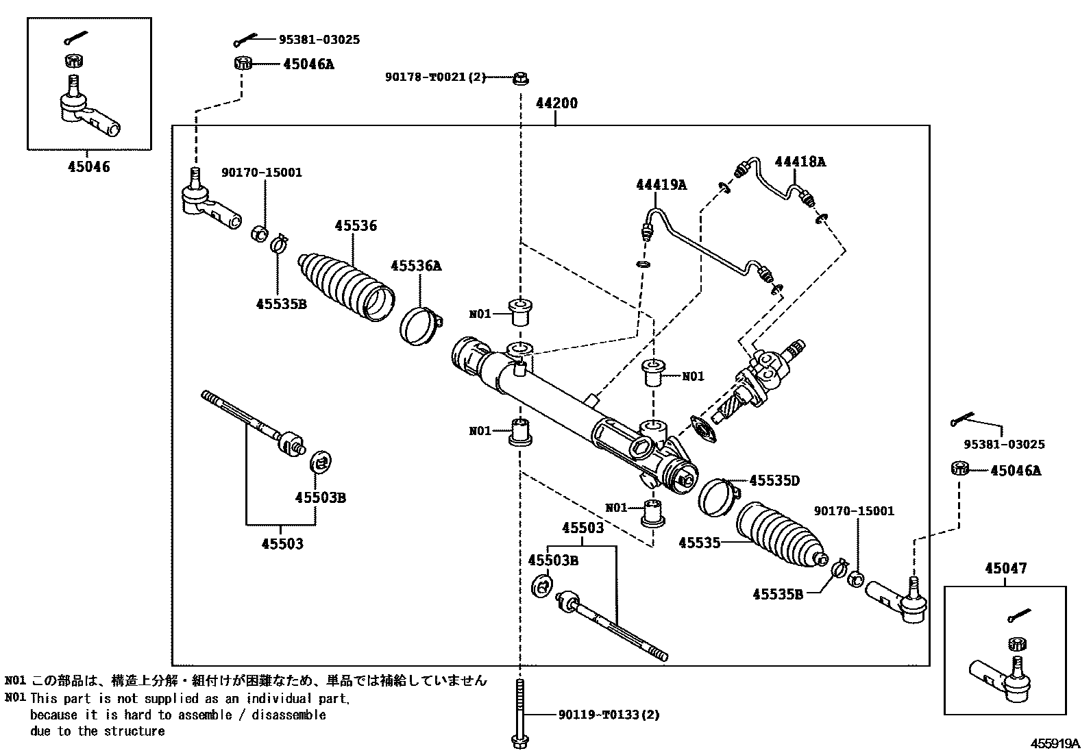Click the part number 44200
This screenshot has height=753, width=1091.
click(x=556, y=103)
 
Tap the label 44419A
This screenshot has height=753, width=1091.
click(x=661, y=184)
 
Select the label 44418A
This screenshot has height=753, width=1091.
click(x=800, y=161)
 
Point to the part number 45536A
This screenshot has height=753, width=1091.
click(x=416, y=265)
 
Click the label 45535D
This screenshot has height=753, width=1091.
click(x=774, y=481)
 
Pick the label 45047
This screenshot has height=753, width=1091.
click(x=1006, y=568)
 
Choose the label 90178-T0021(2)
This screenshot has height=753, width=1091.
click(x=435, y=77)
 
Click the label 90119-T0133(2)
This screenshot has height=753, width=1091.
click(x=609, y=715)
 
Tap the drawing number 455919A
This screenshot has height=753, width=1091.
click(x=1055, y=743)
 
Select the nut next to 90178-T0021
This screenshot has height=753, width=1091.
click(x=521, y=78)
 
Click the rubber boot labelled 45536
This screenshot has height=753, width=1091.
click(x=346, y=287)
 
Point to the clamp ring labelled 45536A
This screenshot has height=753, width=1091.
click(x=421, y=326)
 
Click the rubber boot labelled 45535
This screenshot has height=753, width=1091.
click(x=781, y=535)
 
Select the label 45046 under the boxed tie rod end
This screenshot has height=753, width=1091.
click(x=88, y=166)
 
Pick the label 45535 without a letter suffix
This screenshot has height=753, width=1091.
click(x=700, y=543)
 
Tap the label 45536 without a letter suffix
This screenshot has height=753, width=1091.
click(x=356, y=225)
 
